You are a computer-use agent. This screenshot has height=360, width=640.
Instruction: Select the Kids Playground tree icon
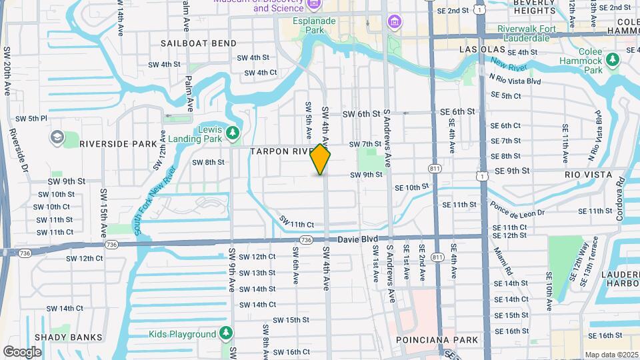[226, 333]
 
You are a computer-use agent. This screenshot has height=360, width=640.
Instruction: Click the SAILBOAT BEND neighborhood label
[199, 43]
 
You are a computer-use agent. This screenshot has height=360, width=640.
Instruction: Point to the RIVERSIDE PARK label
[117, 143]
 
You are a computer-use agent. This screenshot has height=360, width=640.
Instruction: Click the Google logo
[22, 351]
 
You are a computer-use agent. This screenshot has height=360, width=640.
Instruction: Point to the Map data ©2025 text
[611, 355]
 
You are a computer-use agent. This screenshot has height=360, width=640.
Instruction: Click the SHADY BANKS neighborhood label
[69, 337]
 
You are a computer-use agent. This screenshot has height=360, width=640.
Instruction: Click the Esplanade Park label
[315, 25]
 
